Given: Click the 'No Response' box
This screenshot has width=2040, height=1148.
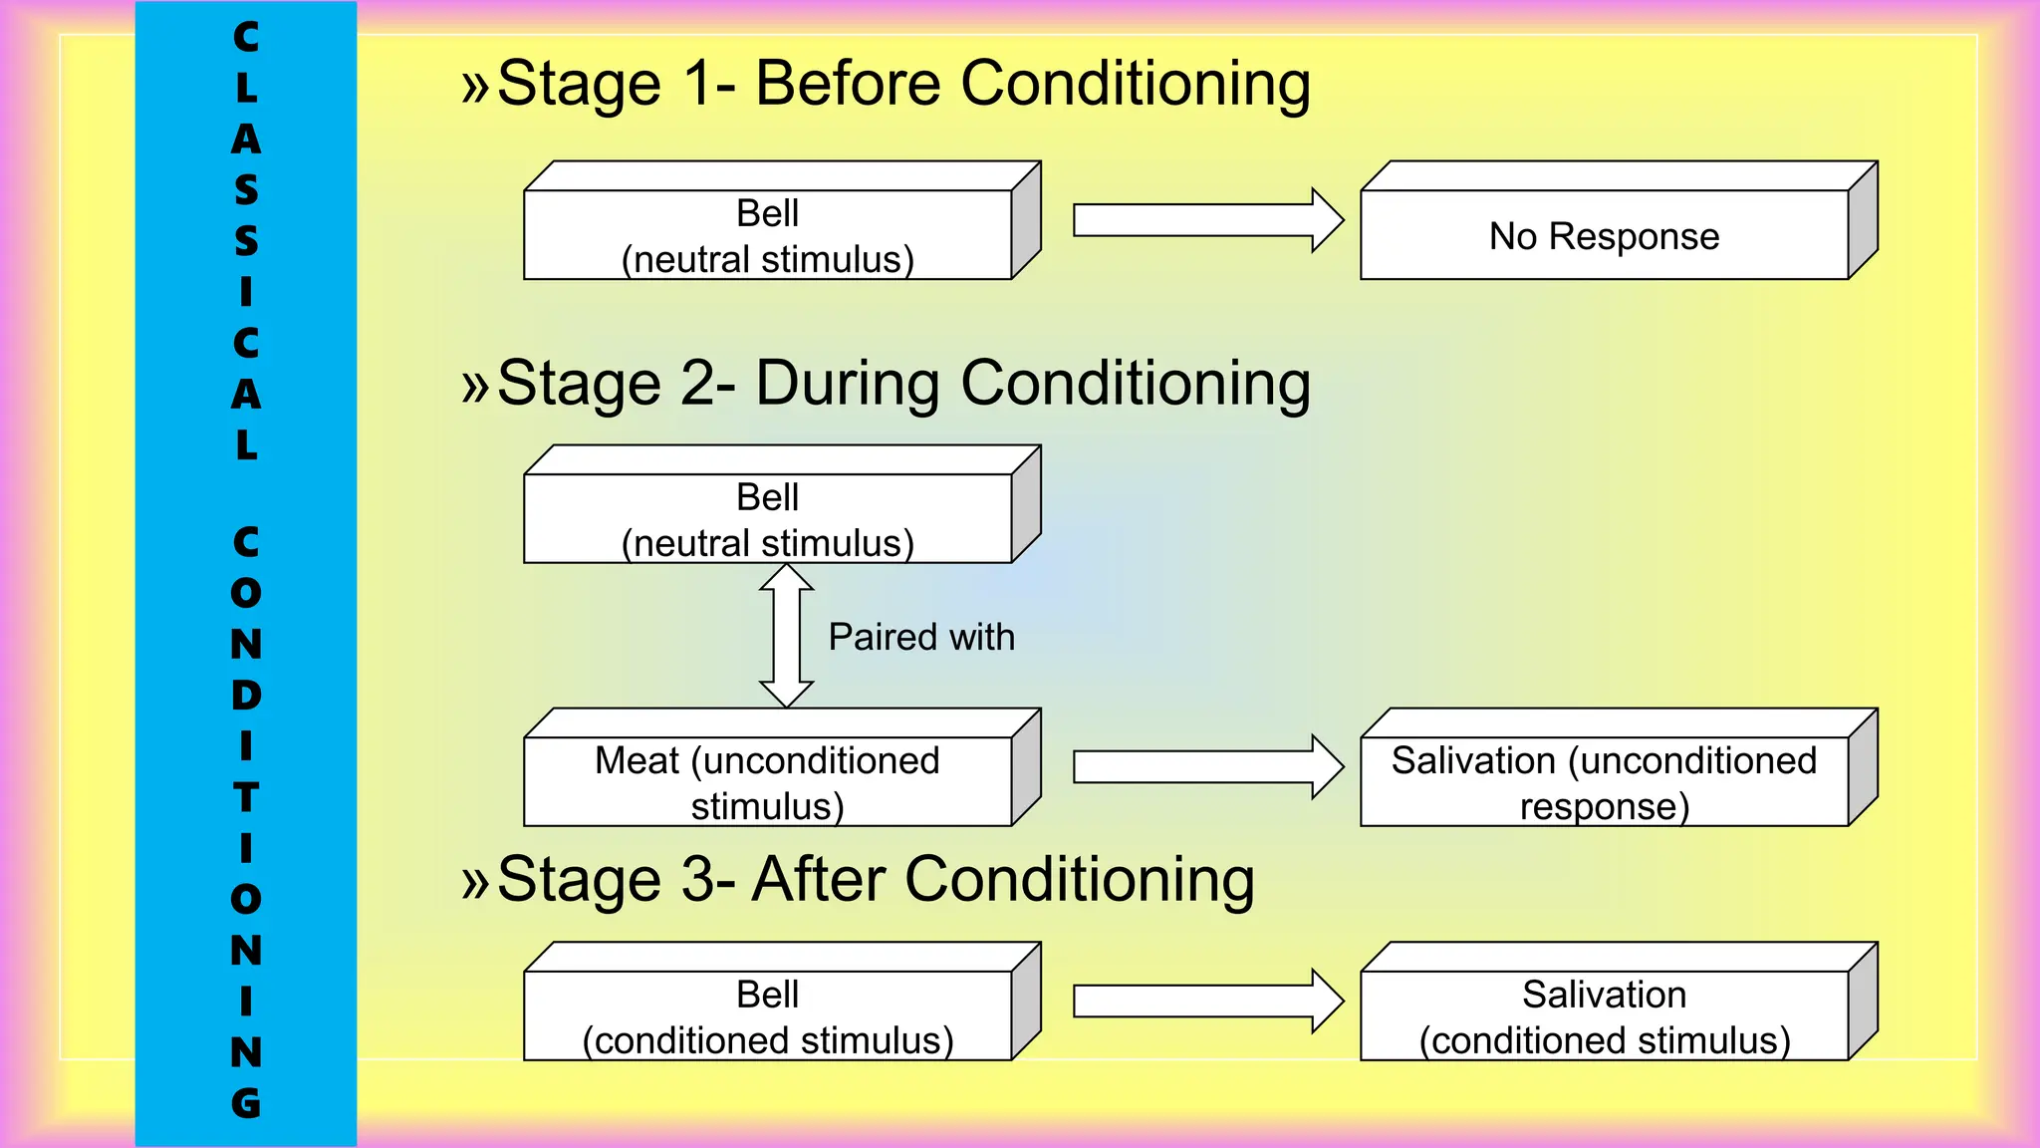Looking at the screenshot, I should coord(1604,235).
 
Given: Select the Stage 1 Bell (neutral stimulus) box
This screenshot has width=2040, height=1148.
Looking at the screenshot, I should coord(768,235).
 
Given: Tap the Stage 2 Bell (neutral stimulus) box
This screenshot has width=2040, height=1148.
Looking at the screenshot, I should coord(768,519).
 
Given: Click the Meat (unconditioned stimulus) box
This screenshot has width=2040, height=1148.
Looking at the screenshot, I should coord(768,782).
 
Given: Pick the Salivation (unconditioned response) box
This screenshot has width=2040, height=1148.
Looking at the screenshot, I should coord(1604,782).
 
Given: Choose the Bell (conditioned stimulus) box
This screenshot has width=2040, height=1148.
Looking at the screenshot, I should coord(768,1016).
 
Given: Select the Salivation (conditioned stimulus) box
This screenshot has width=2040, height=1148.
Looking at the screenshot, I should coord(1604,1016).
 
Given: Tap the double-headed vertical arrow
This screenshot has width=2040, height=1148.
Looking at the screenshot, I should coord(787,636).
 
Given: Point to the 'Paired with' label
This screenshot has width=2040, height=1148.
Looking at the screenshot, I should coord(921,637).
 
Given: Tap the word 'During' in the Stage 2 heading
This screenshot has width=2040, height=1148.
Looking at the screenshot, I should coord(848,384).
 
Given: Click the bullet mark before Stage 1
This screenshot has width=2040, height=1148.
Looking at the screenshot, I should coord(475,86).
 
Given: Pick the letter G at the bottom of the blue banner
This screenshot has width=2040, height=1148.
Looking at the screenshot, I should coord(246,1103).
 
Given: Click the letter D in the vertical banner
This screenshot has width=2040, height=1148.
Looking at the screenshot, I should coord(246,695).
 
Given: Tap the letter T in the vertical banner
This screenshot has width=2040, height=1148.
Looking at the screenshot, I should coord(246,797).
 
